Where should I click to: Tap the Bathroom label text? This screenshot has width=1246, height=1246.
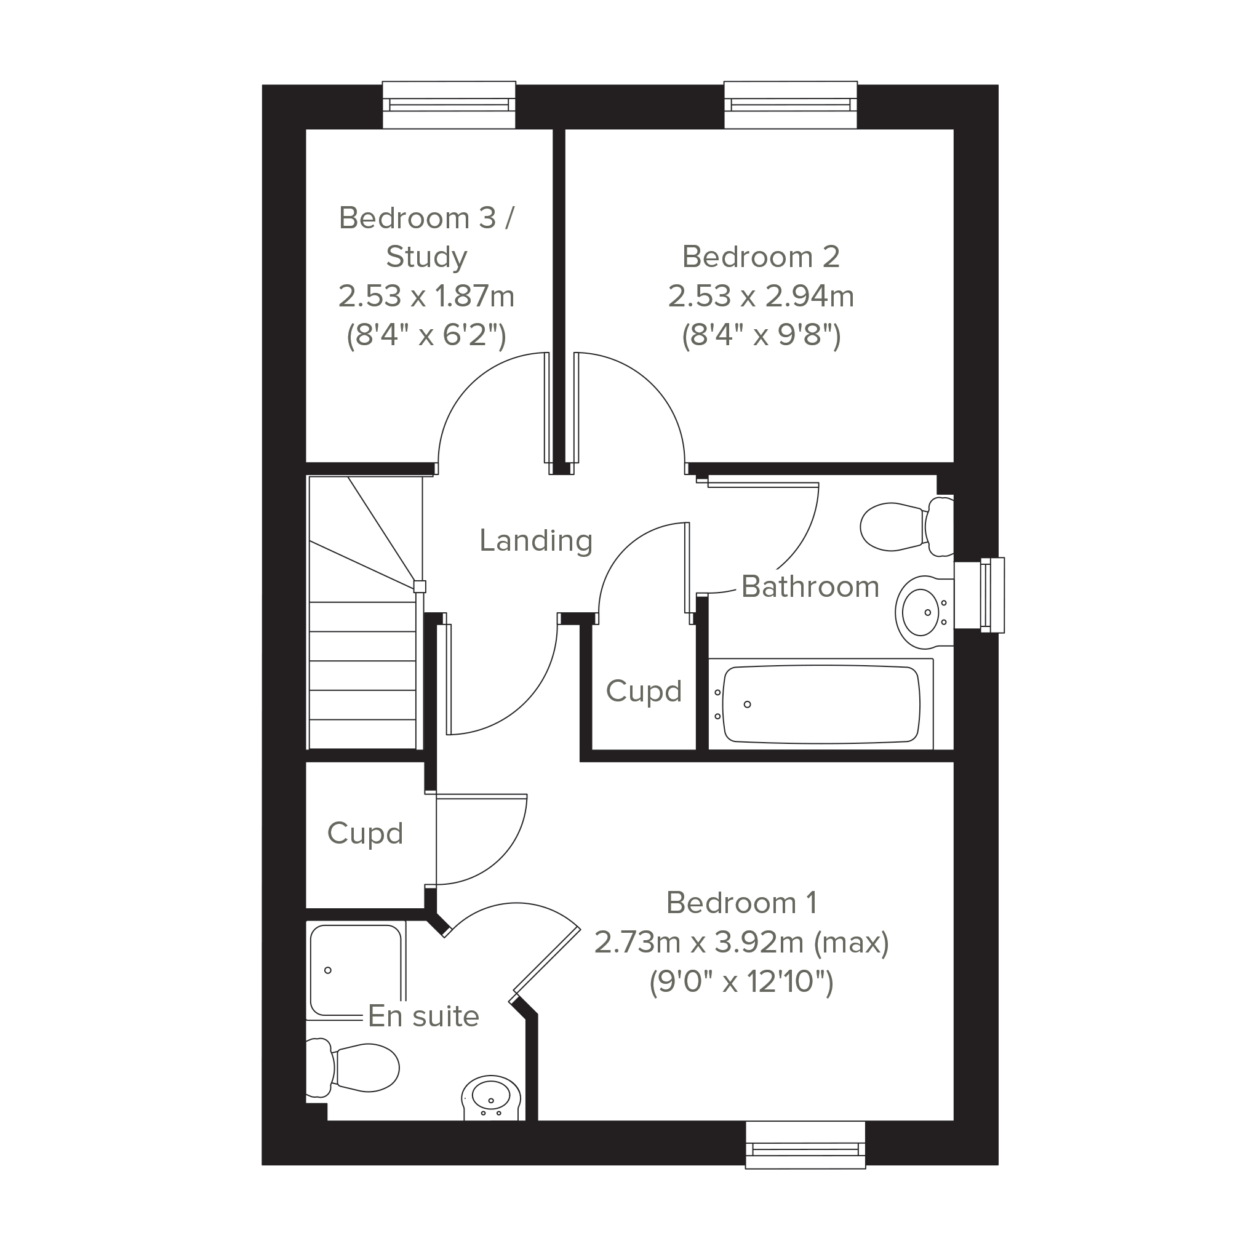click(x=810, y=587)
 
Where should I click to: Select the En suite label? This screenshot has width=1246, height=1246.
click(x=423, y=1016)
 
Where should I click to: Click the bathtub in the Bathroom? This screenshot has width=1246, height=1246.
click(x=821, y=705)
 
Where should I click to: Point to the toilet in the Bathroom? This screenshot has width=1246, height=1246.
click(x=907, y=527)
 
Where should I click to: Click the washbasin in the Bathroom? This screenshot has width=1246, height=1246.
click(x=924, y=612)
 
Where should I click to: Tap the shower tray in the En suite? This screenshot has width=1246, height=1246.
click(x=356, y=970)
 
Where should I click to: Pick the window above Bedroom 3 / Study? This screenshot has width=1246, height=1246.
click(x=449, y=105)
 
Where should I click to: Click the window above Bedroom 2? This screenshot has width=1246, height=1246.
click(x=791, y=105)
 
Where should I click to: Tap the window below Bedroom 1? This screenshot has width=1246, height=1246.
click(x=805, y=1144)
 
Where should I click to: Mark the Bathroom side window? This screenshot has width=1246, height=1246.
click(x=979, y=594)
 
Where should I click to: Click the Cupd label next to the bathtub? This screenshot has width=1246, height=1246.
click(x=644, y=692)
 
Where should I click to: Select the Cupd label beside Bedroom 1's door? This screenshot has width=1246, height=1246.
click(x=365, y=834)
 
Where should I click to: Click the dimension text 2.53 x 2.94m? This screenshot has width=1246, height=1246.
click(x=761, y=297)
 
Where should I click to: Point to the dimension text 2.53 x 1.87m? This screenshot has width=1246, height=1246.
click(x=426, y=297)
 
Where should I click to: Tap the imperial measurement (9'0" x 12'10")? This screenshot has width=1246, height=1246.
click(x=741, y=982)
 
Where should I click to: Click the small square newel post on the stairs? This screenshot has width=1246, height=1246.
click(x=420, y=586)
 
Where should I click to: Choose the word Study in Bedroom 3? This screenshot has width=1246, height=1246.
click(x=426, y=258)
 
